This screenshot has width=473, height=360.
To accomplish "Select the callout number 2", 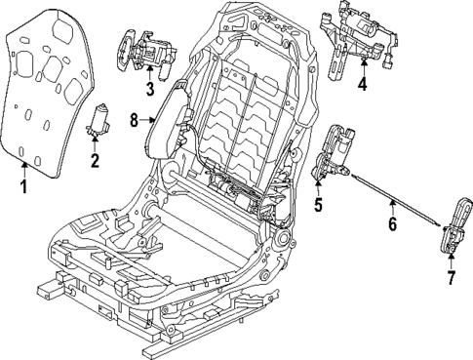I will (95, 160).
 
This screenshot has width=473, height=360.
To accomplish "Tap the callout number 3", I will (149, 90).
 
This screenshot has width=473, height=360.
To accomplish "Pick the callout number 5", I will (318, 205).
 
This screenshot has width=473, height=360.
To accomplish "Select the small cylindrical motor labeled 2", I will (99, 120).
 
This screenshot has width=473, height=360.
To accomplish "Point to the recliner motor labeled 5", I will (336, 151).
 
